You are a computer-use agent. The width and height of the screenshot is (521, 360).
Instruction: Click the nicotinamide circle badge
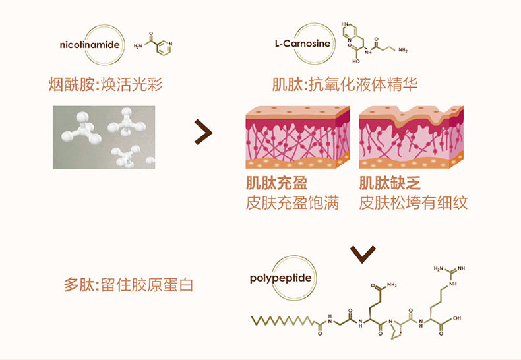90,45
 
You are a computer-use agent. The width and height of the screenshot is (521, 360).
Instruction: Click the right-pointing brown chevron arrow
203,132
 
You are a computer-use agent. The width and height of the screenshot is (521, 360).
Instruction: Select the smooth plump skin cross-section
298,138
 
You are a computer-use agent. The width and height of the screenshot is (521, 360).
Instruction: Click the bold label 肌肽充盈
277,183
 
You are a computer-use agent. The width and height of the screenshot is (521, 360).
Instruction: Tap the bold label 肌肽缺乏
390,183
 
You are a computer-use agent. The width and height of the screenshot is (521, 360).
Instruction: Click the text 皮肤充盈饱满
292,202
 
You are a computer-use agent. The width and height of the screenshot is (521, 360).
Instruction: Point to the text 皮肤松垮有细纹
414,202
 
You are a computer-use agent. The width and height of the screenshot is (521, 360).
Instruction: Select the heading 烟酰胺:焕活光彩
105,84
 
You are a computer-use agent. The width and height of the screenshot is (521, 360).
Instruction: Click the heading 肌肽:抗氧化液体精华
345,84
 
